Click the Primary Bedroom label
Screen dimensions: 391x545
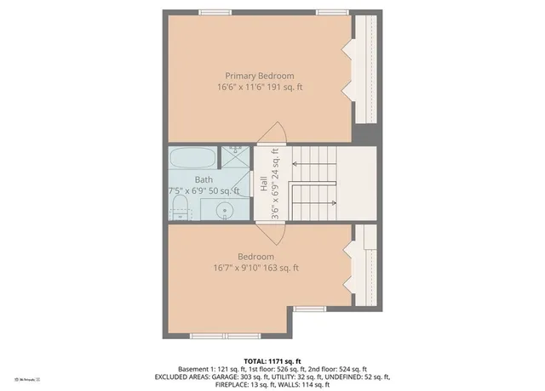[259, 76]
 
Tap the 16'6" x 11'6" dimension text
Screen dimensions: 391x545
[259, 88]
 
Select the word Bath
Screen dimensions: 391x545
[204, 179]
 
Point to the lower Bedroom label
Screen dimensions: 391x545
[255, 257]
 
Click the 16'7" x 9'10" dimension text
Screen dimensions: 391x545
[255, 269]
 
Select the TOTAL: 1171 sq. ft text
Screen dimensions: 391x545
[272, 360]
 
